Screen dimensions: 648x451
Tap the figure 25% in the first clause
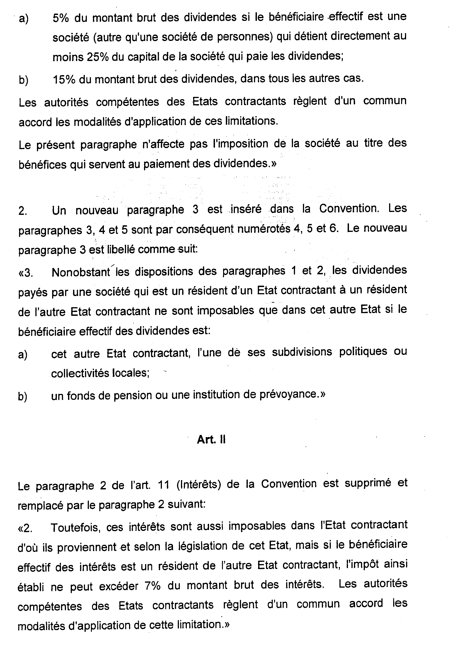point(98,57)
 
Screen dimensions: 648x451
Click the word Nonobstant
point(81,272)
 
